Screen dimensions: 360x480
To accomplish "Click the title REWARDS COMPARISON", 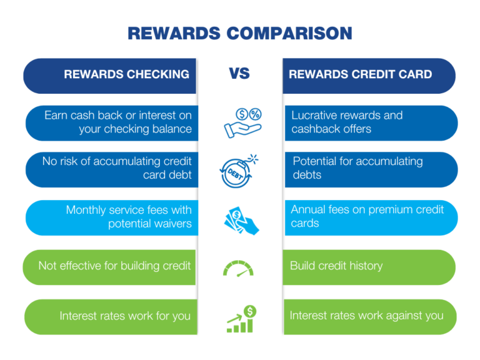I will point(240,32).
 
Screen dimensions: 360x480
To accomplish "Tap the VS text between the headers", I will point(239,74).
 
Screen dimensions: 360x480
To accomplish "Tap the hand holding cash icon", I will point(241,217).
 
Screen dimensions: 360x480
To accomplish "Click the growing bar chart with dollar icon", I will point(240,317).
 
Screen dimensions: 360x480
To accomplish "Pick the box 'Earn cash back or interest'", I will point(112,122).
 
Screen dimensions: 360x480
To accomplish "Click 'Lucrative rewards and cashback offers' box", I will point(369,122).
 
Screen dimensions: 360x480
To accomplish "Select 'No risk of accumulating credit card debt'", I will point(112,169).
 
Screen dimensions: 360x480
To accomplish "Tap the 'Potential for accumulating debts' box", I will point(369,169).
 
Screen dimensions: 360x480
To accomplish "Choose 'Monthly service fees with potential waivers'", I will point(112,217).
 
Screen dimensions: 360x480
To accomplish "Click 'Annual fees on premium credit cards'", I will point(369,217).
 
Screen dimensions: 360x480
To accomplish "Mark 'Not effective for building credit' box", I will point(112,266).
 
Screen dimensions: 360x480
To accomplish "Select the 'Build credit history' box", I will point(369,266).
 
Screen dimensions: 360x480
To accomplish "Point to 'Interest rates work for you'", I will point(112,316).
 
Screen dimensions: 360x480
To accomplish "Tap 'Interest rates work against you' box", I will point(369,316).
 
